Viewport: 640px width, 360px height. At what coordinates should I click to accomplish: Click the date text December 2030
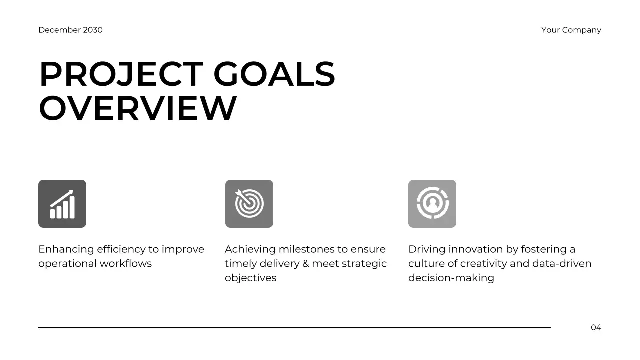tap(70, 30)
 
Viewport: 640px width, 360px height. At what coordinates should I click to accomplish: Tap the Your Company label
tap(571, 30)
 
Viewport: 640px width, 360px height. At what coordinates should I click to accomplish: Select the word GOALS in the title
tap(274, 75)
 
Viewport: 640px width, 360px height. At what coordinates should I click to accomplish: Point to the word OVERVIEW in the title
tap(137, 108)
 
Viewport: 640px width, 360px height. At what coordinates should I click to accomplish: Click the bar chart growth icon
tap(62, 204)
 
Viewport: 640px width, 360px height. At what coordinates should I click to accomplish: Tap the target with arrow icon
tap(249, 204)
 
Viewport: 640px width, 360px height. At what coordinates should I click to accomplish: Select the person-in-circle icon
tap(432, 204)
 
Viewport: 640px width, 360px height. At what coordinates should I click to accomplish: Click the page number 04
tap(596, 328)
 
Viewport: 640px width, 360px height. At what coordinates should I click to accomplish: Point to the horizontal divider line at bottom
tap(295, 327)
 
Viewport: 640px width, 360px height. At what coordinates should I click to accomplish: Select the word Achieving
tap(250, 249)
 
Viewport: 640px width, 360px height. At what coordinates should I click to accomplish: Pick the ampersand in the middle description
tap(305, 263)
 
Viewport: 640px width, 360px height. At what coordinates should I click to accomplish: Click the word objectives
tap(250, 278)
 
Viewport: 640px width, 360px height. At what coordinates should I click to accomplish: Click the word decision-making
tap(451, 278)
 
